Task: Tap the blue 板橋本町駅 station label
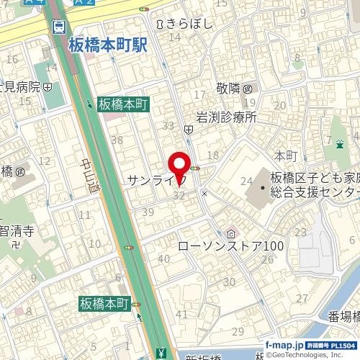107,45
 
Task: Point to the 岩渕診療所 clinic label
226,117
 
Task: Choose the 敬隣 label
230,89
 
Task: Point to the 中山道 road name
86,172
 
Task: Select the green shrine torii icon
336,143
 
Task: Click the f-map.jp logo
283,344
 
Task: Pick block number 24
246,181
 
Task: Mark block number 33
169,125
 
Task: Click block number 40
163,258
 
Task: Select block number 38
117,140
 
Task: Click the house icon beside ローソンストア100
232,233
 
